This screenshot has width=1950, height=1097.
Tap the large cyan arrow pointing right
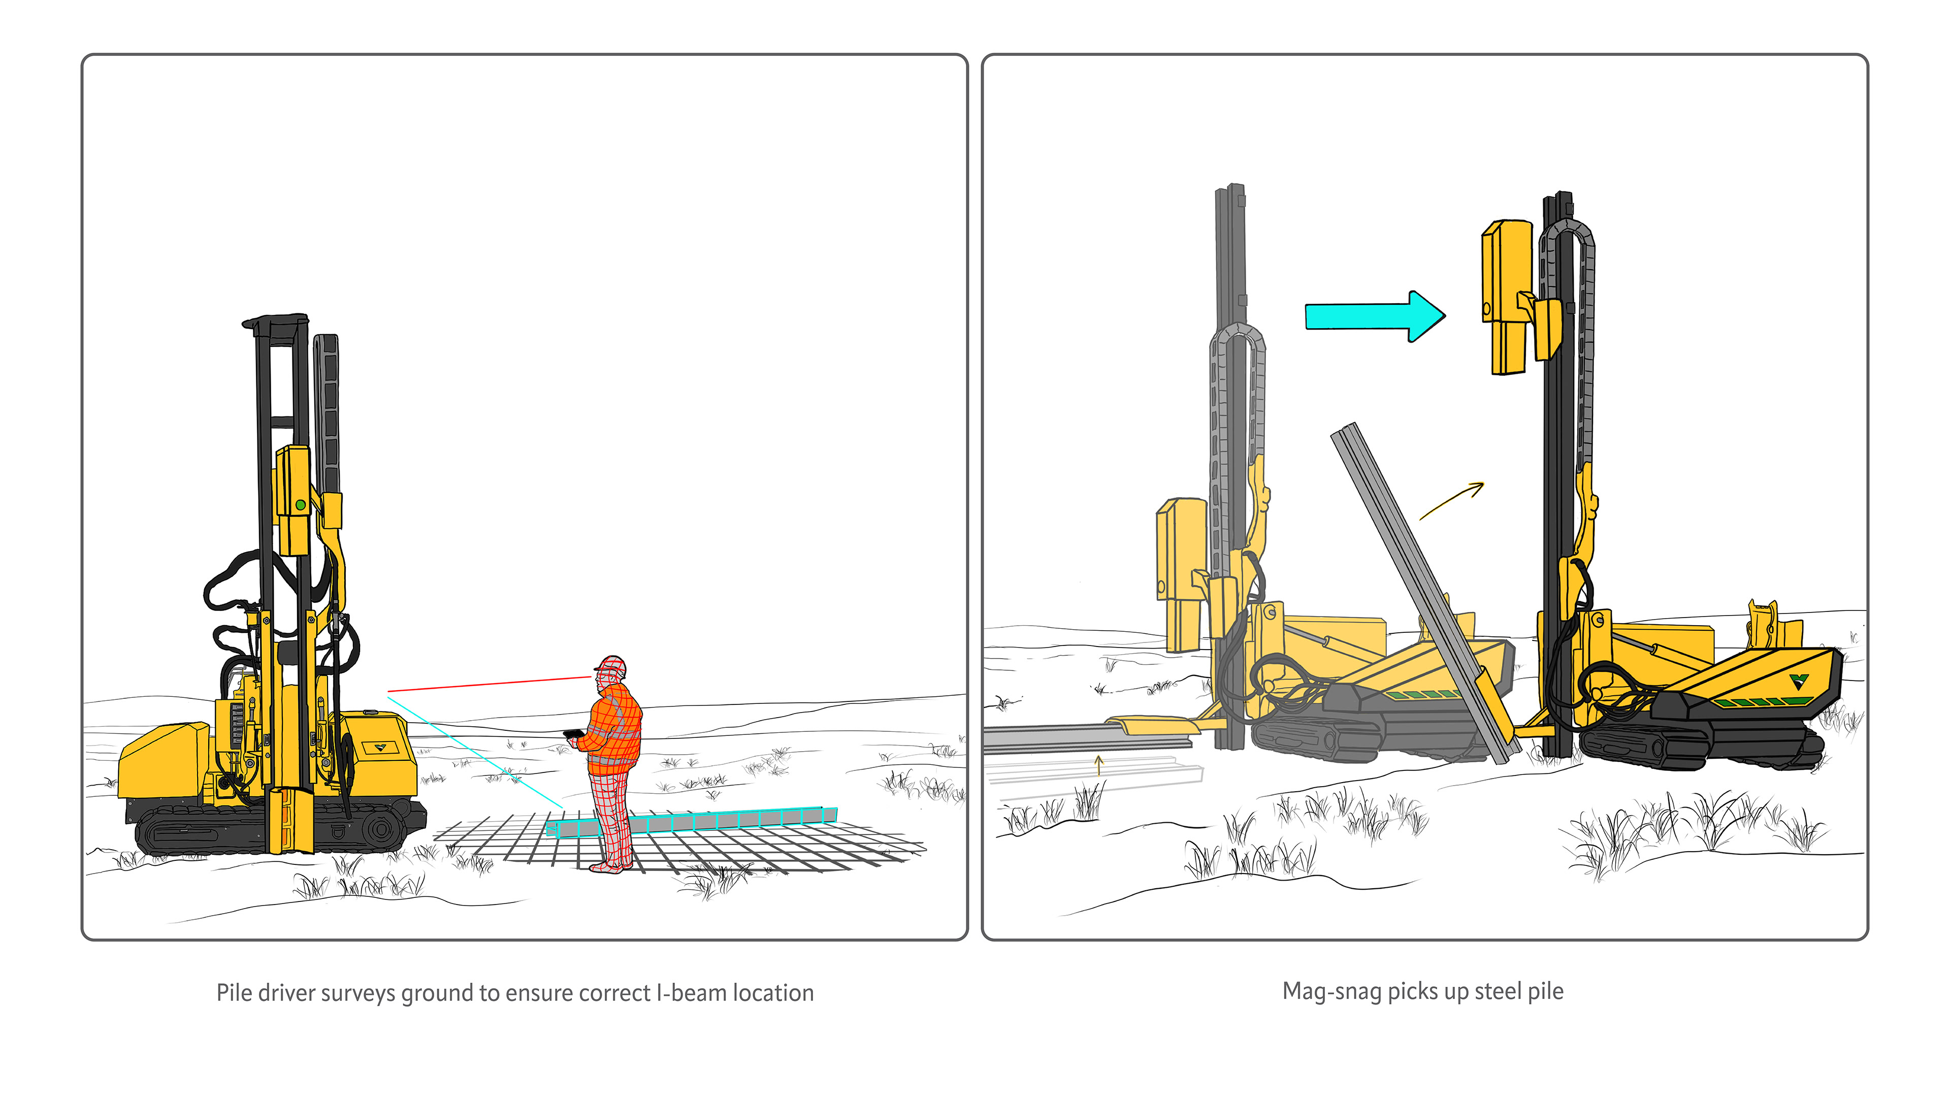click(x=1375, y=316)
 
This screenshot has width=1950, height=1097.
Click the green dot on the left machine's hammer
click(x=301, y=504)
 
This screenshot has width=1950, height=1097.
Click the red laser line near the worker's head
click(x=489, y=684)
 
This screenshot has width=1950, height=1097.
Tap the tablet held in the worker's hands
click(x=572, y=733)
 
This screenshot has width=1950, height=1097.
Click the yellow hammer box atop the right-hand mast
click(x=1508, y=297)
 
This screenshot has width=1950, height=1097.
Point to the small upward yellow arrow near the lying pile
click(x=1098, y=765)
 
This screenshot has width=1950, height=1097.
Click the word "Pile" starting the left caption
click(x=234, y=992)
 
